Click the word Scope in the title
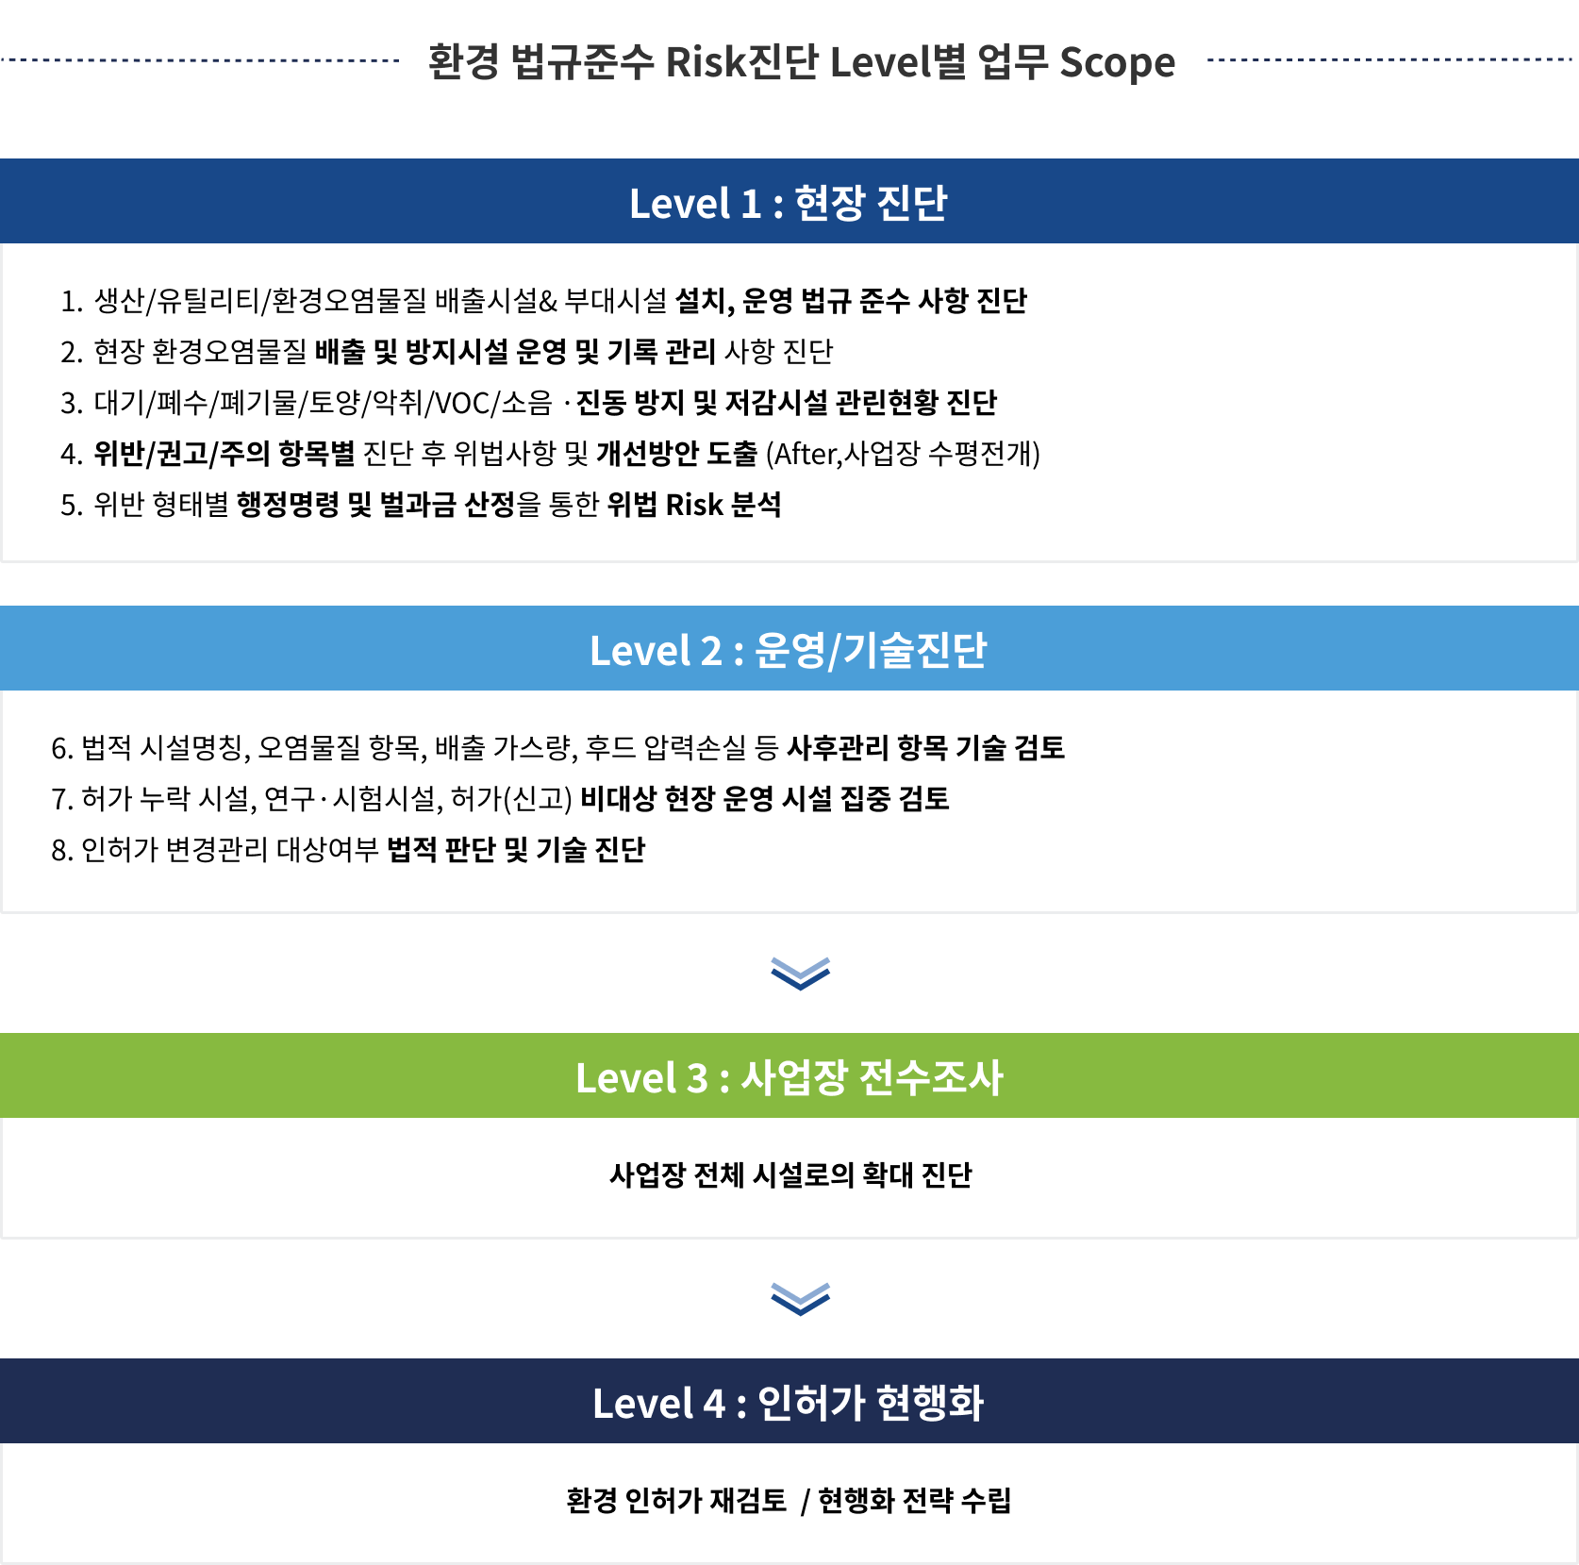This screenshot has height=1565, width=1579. pyautogui.click(x=1117, y=63)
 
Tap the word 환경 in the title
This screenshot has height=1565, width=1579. pyautogui.click(x=463, y=63)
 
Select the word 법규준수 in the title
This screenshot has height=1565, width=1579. pyautogui.click(x=582, y=63)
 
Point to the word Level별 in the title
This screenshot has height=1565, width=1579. pyautogui.click(x=897, y=63)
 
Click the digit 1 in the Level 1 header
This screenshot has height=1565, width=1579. pyautogui.click(x=751, y=204)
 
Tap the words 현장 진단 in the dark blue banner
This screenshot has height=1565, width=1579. pyautogui.click(x=871, y=204)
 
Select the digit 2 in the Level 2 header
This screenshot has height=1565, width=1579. pyautogui.click(x=710, y=651)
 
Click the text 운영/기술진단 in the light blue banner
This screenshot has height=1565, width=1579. pyautogui.click(x=871, y=651)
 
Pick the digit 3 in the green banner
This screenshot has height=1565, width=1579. pyautogui.click(x=697, y=1078)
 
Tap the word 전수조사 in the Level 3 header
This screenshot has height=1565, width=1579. pyautogui.click(x=931, y=1078)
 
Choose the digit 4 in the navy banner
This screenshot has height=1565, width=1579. pyautogui.click(x=714, y=1404)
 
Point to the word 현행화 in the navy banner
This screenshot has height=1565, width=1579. pyautogui.click(x=930, y=1404)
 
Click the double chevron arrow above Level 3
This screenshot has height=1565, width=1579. pyautogui.click(x=800, y=974)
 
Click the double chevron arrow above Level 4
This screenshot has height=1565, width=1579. pyautogui.click(x=800, y=1298)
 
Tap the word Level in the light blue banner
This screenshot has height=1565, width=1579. pyautogui.click(x=640, y=651)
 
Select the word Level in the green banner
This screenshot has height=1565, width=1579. pyautogui.click(x=626, y=1078)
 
